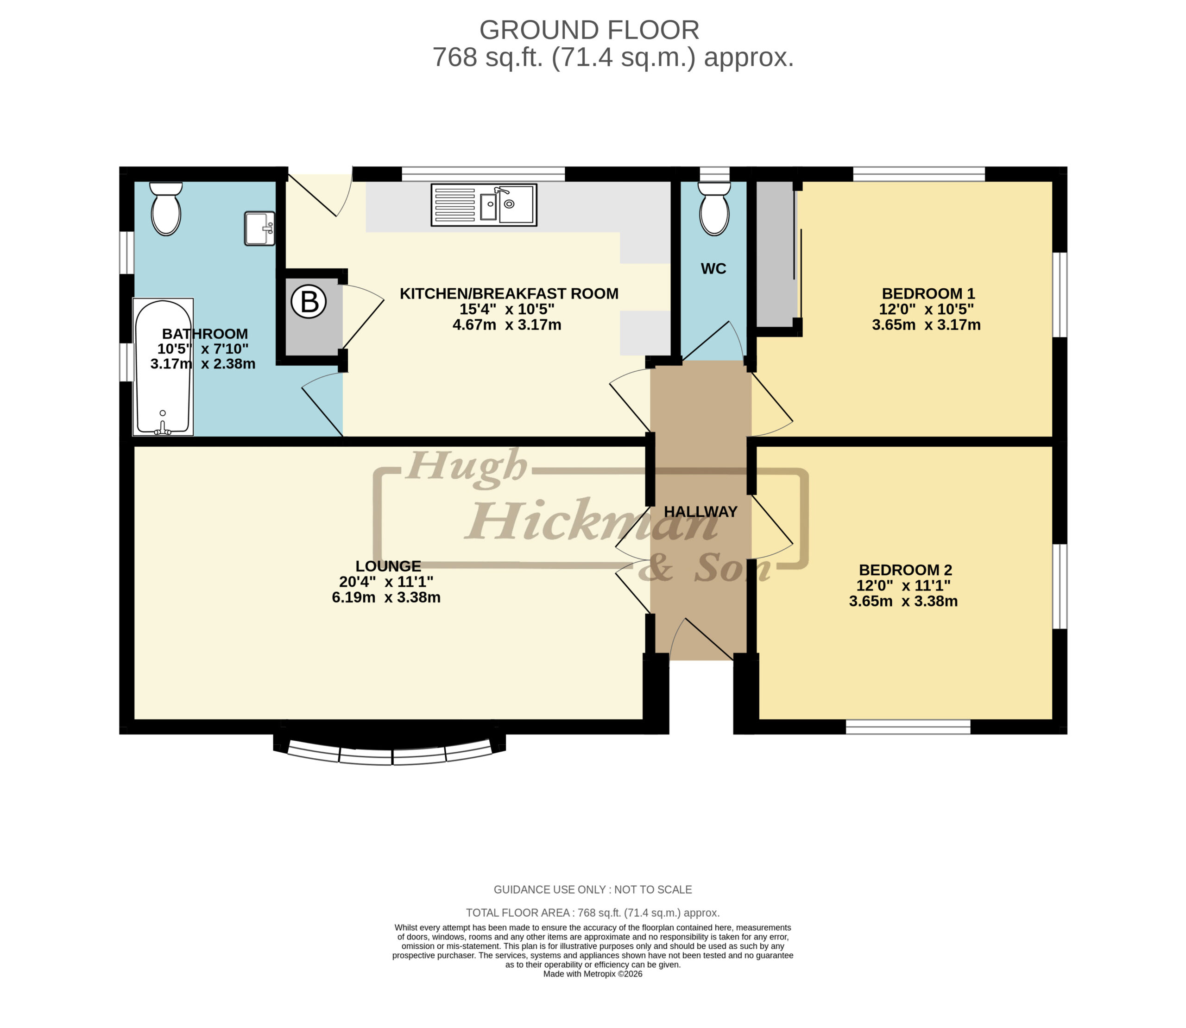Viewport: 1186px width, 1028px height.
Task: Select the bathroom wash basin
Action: [x=260, y=228]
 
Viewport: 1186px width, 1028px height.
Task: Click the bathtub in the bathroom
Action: [x=163, y=367]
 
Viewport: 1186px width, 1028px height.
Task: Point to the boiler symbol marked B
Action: [x=309, y=301]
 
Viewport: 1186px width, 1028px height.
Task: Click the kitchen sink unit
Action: [x=484, y=205]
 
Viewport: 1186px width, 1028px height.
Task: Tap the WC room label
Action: [x=713, y=268]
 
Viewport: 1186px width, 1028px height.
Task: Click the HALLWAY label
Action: [x=700, y=512]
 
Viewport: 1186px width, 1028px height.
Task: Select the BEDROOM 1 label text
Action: [x=928, y=294]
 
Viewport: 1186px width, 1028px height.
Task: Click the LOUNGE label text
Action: [x=388, y=566]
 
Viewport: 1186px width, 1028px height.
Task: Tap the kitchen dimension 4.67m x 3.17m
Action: [x=507, y=325]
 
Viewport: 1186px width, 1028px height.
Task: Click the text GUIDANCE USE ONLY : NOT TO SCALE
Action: [x=593, y=890]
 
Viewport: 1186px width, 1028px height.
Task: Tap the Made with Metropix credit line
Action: [x=593, y=974]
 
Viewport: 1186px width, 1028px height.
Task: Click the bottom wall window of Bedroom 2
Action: [x=908, y=727]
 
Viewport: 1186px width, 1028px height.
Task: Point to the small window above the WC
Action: [x=714, y=174]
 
